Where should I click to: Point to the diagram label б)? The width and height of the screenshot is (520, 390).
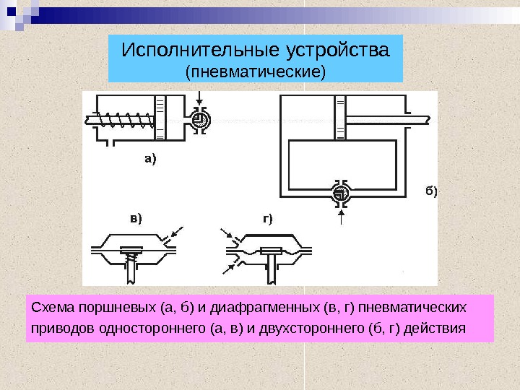click(x=430, y=191)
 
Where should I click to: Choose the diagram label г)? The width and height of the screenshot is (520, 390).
click(x=267, y=217)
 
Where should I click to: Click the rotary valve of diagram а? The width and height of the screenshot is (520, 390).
click(x=201, y=119)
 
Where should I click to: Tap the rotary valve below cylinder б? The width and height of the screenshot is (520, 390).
click(x=340, y=193)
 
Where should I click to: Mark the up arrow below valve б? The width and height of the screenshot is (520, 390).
click(x=340, y=217)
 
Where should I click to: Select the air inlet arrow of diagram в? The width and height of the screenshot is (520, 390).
click(x=173, y=235)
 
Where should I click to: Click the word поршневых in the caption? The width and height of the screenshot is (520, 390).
click(x=106, y=310)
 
